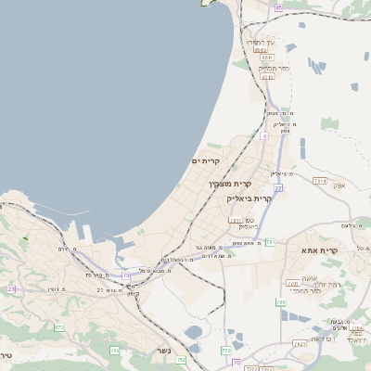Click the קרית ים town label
[x=205, y=161]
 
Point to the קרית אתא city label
[x=317, y=250]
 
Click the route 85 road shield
[x=278, y=7]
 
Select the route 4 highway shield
[x=263, y=135]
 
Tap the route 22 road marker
[x=277, y=188]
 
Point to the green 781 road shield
[x=269, y=242]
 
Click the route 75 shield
[x=126, y=275]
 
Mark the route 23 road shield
[x=12, y=288]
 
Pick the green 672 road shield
[x=59, y=327]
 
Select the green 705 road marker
[x=114, y=350]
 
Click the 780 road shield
[x=292, y=284]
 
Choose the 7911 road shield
[x=235, y=220]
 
